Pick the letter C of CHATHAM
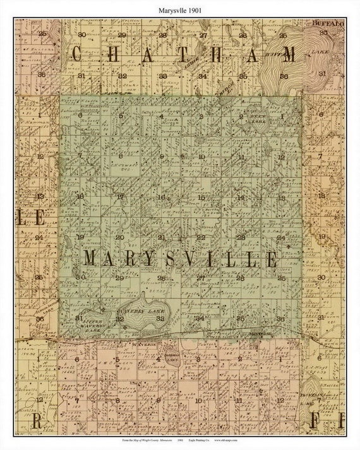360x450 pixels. tap(77, 54)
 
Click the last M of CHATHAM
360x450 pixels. tap(289, 54)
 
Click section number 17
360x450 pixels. tap(120, 196)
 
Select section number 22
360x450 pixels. tap(201, 237)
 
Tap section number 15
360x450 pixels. tap(201, 198)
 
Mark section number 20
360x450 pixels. tap(119, 237)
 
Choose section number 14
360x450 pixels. tap(241, 198)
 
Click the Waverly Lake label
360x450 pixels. tap(140, 310)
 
